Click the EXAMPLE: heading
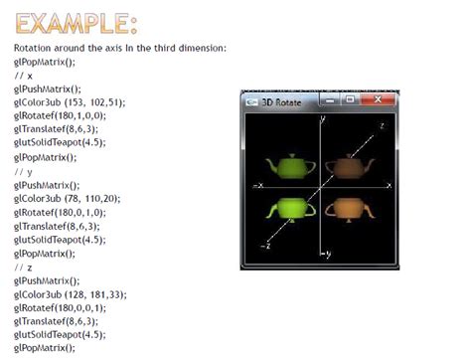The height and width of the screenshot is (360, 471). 76,23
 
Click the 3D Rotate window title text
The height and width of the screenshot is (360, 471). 283,101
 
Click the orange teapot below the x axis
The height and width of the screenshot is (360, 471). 349,208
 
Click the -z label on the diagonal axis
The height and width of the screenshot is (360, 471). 264,245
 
